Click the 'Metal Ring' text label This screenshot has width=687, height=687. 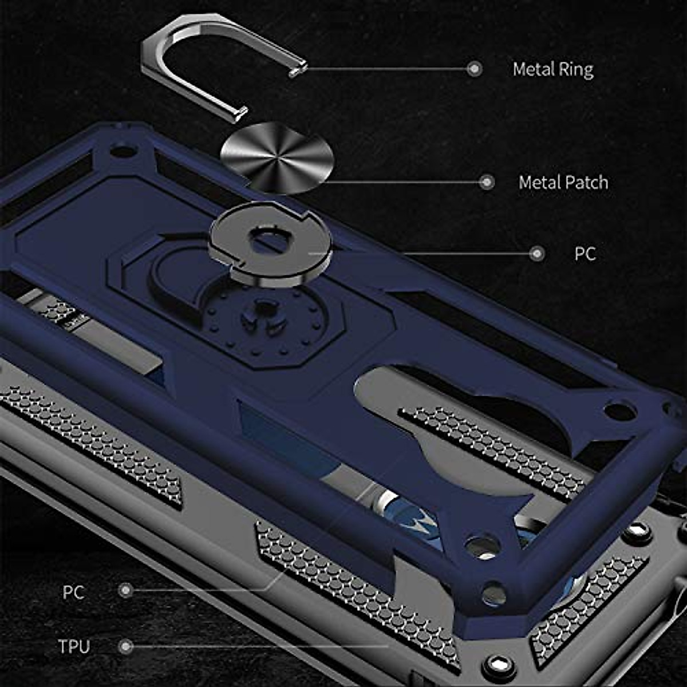(552, 69)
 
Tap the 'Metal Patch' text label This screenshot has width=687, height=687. (563, 183)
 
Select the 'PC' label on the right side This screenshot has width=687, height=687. (585, 254)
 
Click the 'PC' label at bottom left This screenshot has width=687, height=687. (73, 592)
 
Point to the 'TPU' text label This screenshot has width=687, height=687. (74, 647)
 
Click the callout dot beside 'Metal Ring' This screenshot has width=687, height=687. (474, 69)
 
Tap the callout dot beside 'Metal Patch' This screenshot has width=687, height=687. (487, 183)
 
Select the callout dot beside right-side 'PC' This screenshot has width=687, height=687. (536, 254)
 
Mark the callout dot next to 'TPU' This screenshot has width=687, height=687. (126, 647)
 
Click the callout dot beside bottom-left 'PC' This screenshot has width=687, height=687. (125, 590)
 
